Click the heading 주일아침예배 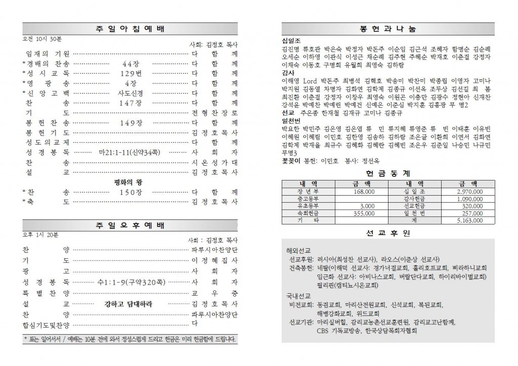click(x=130, y=28)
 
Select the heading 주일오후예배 click(x=130, y=225)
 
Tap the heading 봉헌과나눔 click(x=388, y=28)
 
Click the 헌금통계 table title click(x=388, y=172)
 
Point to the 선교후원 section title click(x=388, y=233)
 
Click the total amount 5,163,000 click(x=469, y=221)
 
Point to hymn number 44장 click(x=130, y=64)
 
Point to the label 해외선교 click(x=298, y=250)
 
